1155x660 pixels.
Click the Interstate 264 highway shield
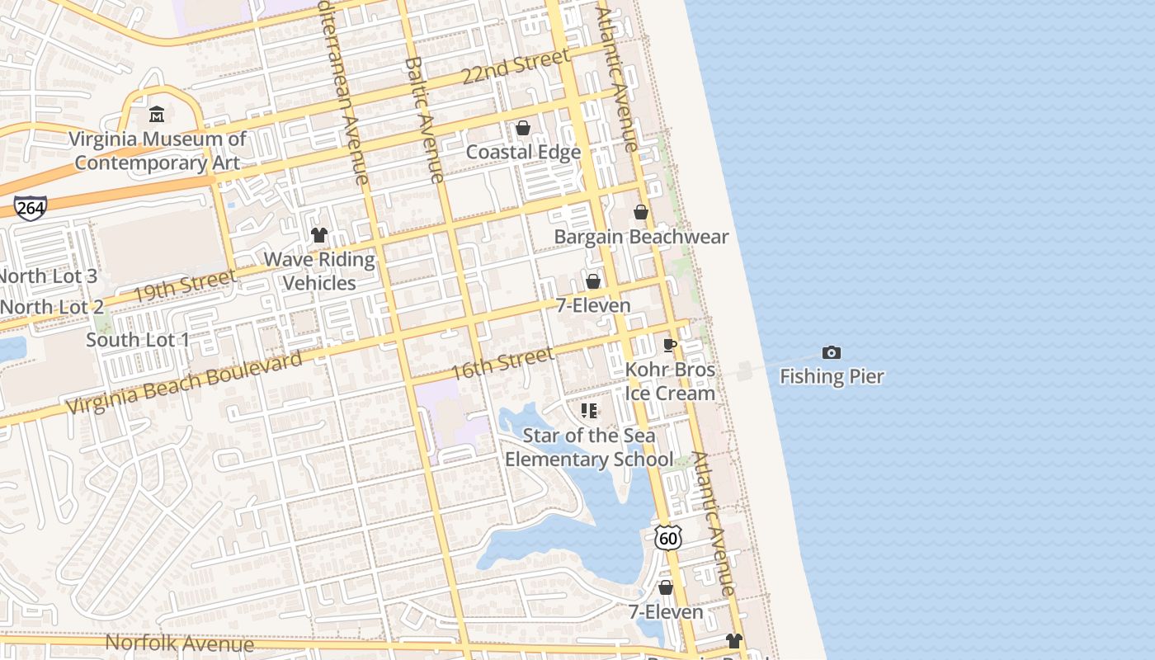point(30,208)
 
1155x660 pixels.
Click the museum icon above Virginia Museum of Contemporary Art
point(157,114)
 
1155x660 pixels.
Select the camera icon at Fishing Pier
point(832,353)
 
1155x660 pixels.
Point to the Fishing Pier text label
point(832,377)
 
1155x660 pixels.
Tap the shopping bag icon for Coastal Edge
point(523,128)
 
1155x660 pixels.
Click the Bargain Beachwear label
point(641,237)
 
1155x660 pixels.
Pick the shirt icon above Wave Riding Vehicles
point(319,235)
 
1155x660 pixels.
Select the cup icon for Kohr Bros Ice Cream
point(670,345)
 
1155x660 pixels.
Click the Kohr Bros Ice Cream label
point(670,381)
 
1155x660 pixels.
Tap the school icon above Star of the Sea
point(589,410)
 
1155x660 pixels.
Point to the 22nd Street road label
point(516,66)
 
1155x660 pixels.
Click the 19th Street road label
point(183,285)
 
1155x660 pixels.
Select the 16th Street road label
point(502,364)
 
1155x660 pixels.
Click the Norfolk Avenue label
point(179,643)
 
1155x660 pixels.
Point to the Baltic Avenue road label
point(425,120)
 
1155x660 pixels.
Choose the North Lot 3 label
point(47,276)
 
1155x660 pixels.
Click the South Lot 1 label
point(138,340)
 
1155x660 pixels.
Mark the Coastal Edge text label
point(523,152)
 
